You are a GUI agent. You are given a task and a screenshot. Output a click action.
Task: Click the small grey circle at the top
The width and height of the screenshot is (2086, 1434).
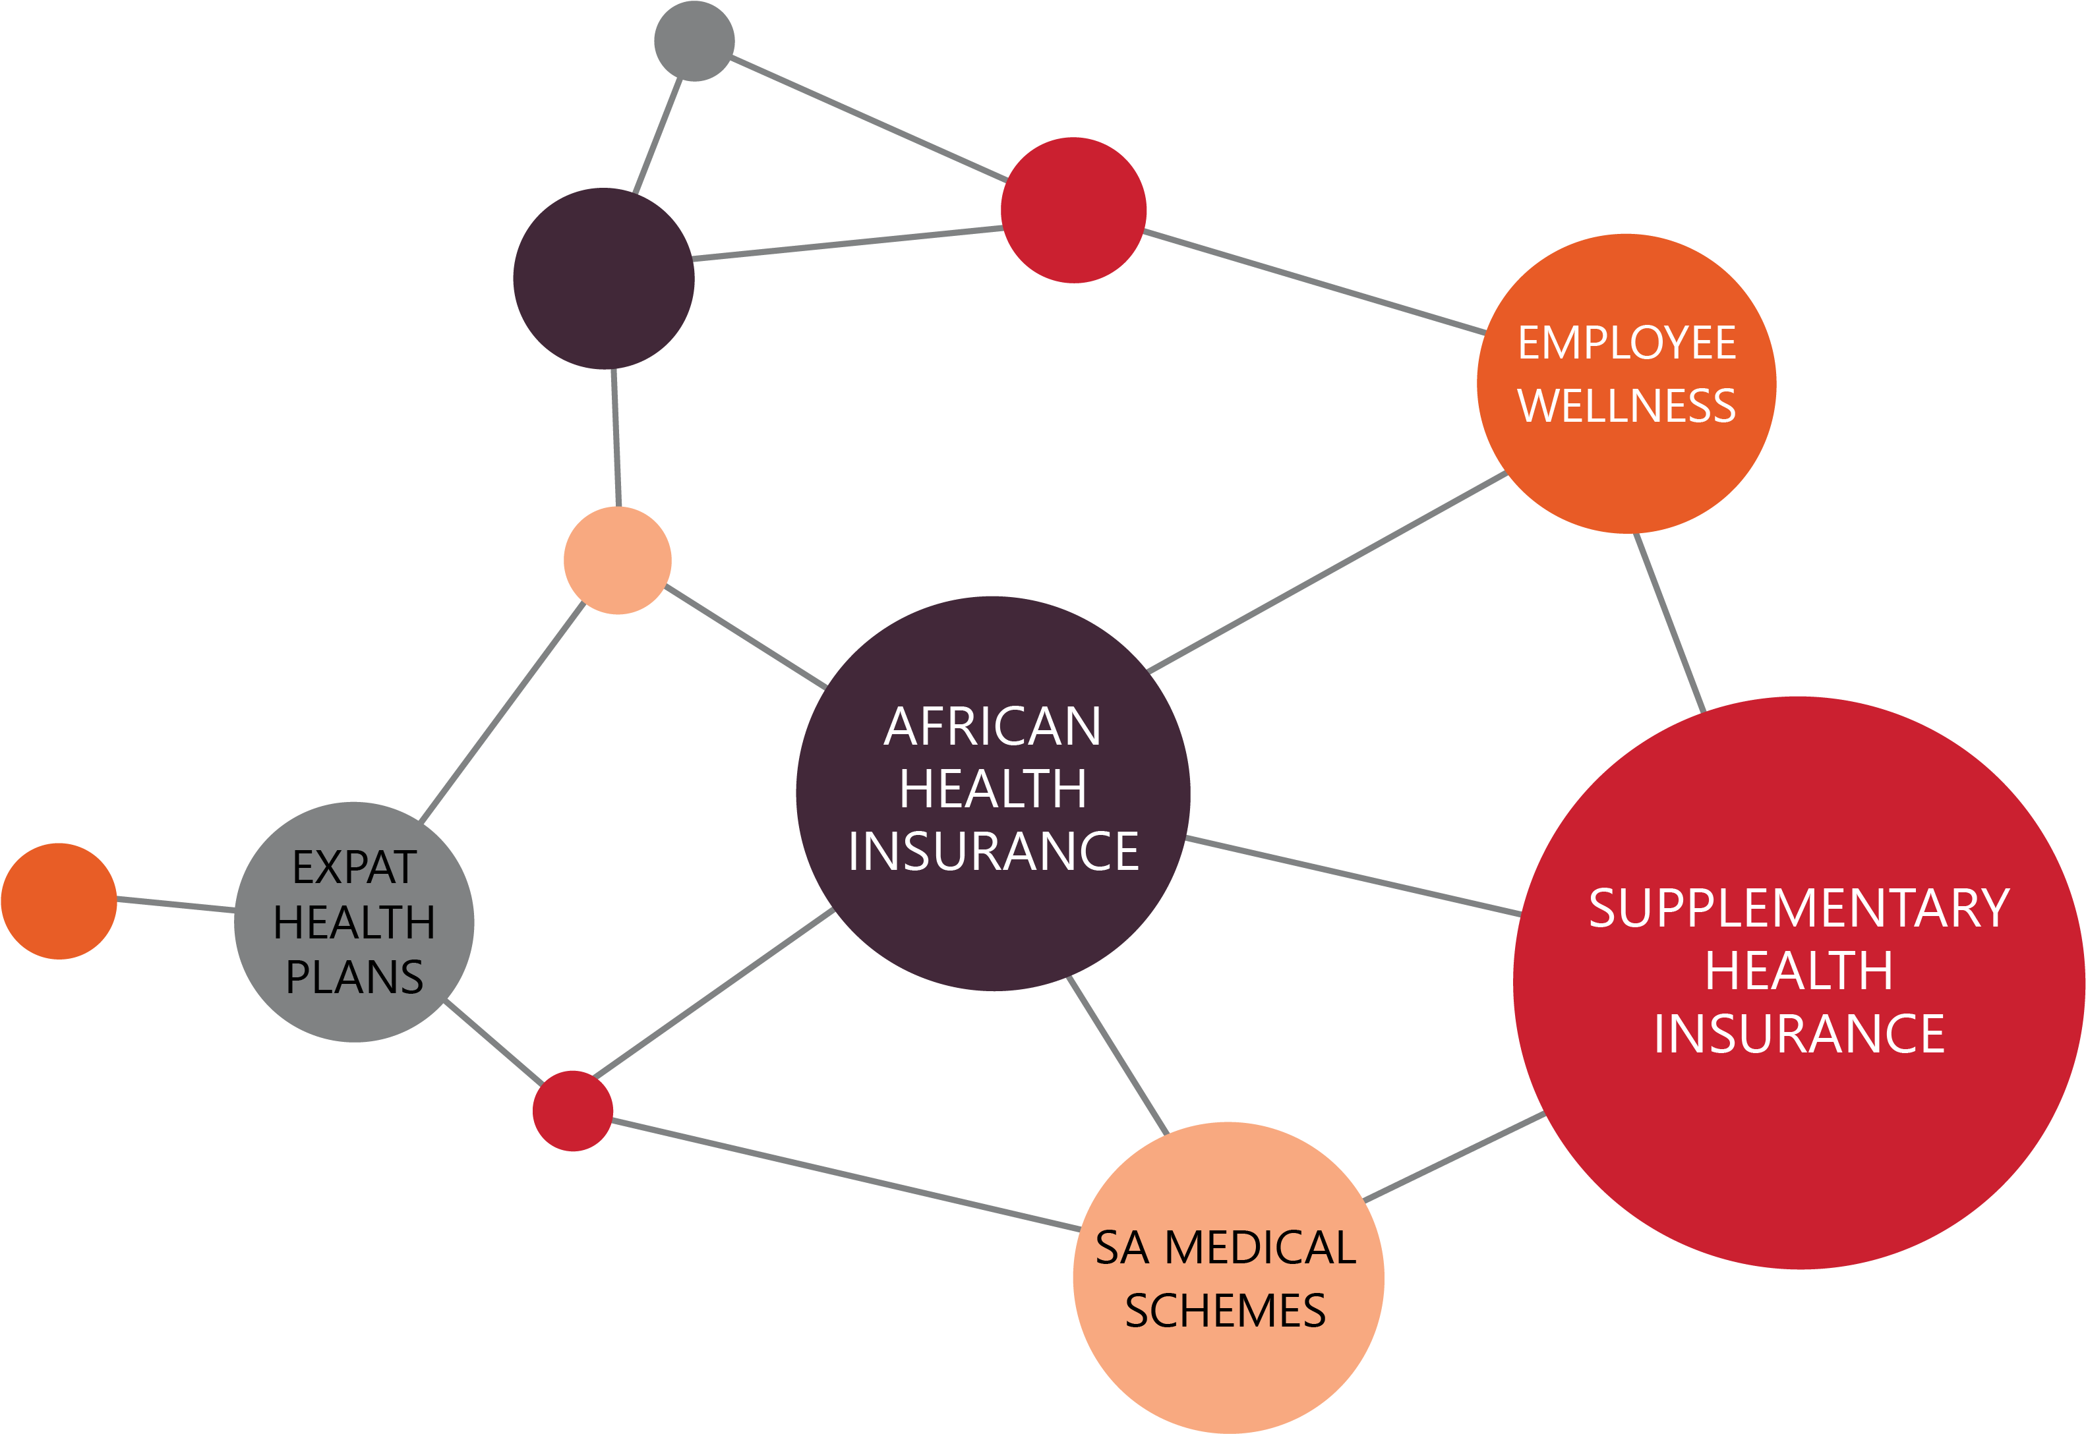[x=694, y=42]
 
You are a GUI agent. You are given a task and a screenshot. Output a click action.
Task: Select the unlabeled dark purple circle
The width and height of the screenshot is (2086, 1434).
[x=604, y=279]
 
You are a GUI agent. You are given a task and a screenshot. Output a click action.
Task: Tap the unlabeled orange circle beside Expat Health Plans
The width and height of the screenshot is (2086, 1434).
[x=59, y=901]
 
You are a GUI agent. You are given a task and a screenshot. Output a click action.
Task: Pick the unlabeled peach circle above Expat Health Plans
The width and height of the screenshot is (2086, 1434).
[x=618, y=561]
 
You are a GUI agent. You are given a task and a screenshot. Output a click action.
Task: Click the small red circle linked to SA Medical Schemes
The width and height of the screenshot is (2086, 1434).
[x=572, y=1110]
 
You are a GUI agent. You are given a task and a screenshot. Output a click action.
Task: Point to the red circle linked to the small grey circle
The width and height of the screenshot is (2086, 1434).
[x=1074, y=210]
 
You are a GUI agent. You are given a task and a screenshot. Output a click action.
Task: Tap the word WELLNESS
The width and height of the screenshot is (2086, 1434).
[x=1626, y=405]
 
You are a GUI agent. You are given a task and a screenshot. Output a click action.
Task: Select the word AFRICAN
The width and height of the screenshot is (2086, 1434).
[x=992, y=726]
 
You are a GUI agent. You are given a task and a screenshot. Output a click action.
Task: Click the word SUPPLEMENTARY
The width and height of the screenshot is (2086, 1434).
[x=1799, y=907]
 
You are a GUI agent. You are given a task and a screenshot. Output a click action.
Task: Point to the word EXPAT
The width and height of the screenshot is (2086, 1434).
[x=355, y=867]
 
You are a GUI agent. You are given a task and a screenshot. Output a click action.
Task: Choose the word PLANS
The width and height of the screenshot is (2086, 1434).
[x=354, y=977]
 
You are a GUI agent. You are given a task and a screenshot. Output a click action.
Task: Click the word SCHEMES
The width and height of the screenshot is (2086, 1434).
[x=1226, y=1310]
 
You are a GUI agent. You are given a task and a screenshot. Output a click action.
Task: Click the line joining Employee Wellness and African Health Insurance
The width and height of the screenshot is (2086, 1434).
[x=1327, y=571]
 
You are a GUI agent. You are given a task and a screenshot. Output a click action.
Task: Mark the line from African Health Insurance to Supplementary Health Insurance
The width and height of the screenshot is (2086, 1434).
[x=1354, y=876]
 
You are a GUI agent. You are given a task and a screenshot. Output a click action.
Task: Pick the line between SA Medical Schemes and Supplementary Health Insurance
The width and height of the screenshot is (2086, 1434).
[x=1454, y=1157]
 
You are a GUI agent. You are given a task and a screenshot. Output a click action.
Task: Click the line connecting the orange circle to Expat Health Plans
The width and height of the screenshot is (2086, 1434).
[x=176, y=905]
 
